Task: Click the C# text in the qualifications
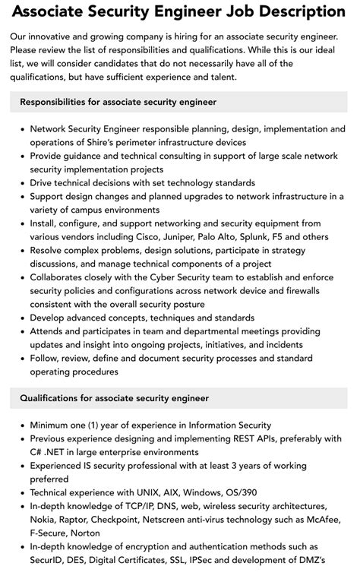coord(36,453)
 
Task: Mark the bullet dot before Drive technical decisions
coord(22,184)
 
